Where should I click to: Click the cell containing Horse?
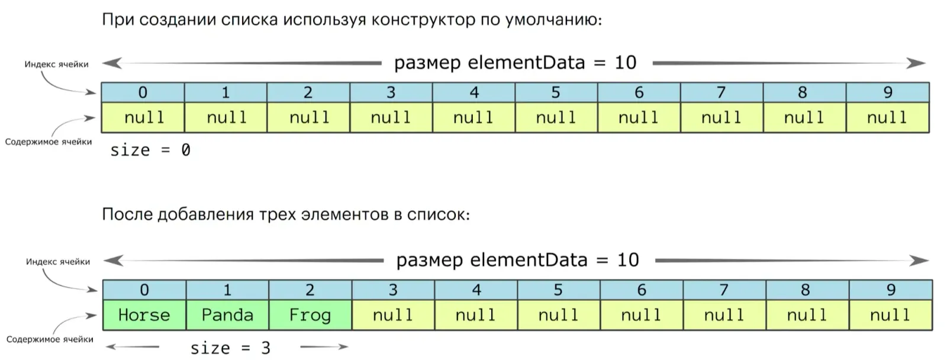coord(144,315)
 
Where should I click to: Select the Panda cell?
coord(227,315)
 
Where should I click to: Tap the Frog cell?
coord(310,315)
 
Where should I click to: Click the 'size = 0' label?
coord(150,150)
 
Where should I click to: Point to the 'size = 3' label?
coord(230,348)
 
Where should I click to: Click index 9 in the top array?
coord(888,92)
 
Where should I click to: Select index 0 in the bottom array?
coord(144,290)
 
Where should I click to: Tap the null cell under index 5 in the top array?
coord(556,118)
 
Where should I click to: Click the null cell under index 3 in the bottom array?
coord(392,315)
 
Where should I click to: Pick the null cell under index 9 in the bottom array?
coord(890,315)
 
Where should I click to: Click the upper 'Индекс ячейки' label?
coord(56,64)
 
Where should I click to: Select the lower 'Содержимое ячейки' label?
coord(50,339)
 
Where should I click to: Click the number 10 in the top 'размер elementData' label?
coord(625,63)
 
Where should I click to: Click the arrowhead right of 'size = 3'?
coord(342,347)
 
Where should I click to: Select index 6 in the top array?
coord(639,92)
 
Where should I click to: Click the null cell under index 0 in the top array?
coord(144,118)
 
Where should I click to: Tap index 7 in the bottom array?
coord(724,290)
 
